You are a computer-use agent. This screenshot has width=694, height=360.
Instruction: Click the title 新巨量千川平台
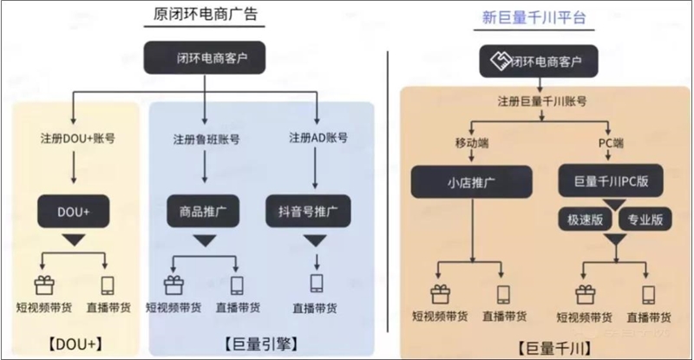tap(534, 16)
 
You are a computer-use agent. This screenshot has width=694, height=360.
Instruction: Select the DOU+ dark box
tap(71, 212)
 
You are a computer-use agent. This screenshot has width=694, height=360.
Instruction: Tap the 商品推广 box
tap(206, 212)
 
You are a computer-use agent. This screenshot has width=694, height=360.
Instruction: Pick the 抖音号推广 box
tap(316, 212)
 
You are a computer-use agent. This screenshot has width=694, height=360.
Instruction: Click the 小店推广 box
tap(470, 182)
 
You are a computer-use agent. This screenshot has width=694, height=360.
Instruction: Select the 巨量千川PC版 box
tap(612, 182)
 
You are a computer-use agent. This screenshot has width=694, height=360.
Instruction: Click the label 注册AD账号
tap(318, 139)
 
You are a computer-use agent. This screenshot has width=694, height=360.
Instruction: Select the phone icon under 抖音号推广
tap(316, 284)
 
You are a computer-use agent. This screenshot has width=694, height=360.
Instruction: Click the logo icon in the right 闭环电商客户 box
tap(498, 62)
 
